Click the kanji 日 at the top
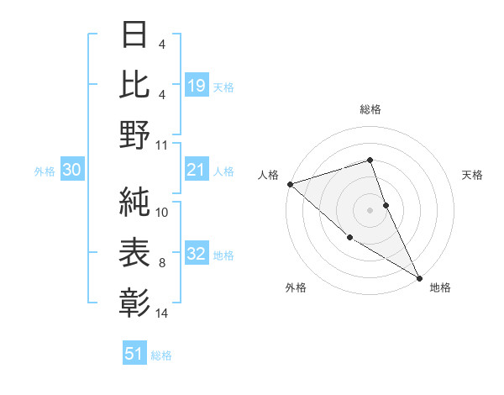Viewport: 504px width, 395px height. click(x=135, y=34)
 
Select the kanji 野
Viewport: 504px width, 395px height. click(x=135, y=135)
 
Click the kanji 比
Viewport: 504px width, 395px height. click(x=135, y=85)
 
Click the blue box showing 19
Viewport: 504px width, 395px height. click(x=196, y=85)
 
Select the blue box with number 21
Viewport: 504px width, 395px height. click(x=196, y=170)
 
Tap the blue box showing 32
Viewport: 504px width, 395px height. click(x=196, y=254)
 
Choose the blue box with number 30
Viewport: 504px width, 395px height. click(x=71, y=170)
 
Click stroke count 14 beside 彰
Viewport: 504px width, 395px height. click(x=162, y=313)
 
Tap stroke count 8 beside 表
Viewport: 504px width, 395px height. click(x=162, y=263)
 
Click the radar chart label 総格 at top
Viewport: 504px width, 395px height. click(x=370, y=109)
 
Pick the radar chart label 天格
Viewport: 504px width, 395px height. click(x=472, y=175)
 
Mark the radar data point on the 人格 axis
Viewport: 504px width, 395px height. click(x=289, y=183)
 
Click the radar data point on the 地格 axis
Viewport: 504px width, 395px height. click(x=419, y=277)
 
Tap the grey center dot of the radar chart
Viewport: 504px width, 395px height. click(x=370, y=209)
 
